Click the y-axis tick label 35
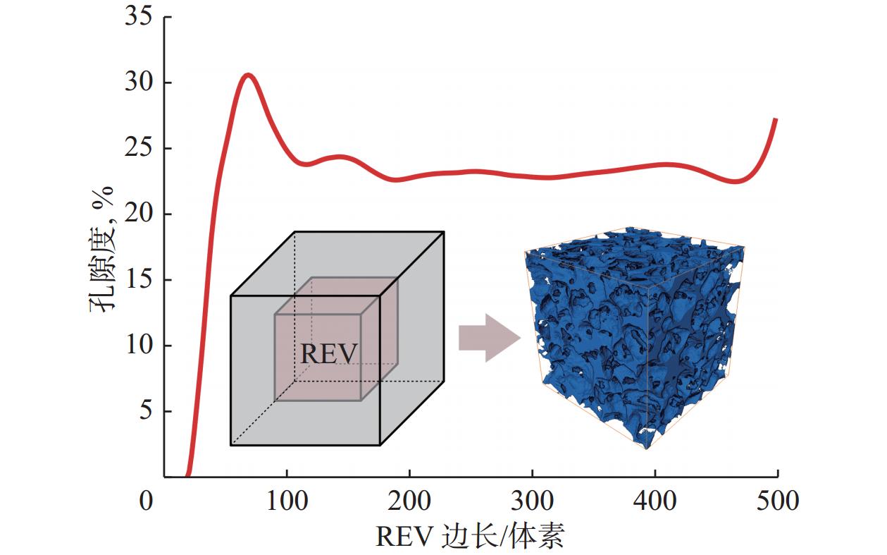point(138,18)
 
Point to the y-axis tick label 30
point(138,83)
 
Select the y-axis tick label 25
point(138,149)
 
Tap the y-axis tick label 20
point(138,214)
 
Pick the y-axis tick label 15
point(138,280)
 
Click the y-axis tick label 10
point(138,346)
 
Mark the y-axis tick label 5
point(145,411)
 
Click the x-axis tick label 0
point(146,501)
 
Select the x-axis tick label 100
point(287,501)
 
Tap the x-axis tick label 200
point(409,501)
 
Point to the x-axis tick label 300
point(532,501)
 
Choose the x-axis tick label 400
point(655,501)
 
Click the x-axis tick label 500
point(777,501)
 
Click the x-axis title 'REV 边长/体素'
point(470,537)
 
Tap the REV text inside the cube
point(328,353)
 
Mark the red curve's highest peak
point(248,74)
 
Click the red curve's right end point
point(776,119)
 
